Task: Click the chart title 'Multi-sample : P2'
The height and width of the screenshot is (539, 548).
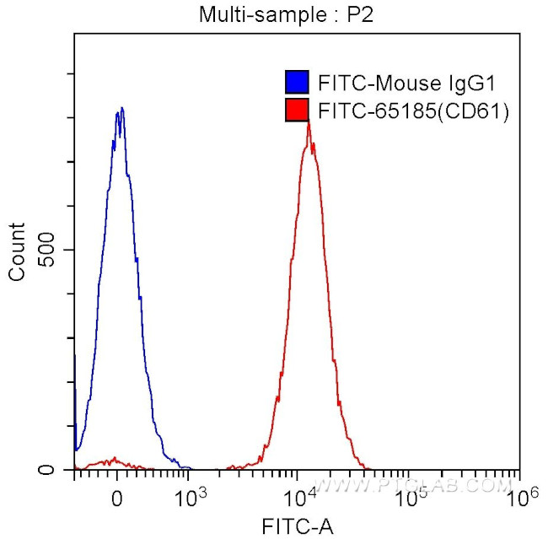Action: tap(273, 14)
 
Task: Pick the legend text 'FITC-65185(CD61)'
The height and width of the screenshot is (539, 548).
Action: tap(412, 110)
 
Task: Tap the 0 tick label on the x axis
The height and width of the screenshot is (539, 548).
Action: tap(117, 497)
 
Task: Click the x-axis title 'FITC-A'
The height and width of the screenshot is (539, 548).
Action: tap(297, 527)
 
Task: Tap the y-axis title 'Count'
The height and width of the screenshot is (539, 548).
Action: tap(17, 251)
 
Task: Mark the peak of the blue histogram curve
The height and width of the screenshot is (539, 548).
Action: tap(121, 109)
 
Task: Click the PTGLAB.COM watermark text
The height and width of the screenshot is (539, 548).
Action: tap(422, 486)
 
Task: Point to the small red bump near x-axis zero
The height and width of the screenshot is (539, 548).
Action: tap(110, 462)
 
